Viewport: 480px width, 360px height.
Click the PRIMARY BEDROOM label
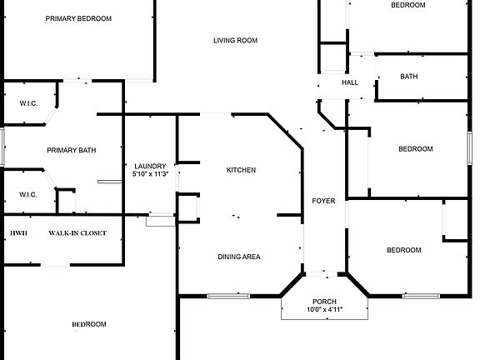point(78,18)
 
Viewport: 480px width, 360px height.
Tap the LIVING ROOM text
point(235,40)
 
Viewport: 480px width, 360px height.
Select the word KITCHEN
point(241,170)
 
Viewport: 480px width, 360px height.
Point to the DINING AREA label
point(239,257)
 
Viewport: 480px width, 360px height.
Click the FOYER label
point(323,201)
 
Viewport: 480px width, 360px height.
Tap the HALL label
point(350,82)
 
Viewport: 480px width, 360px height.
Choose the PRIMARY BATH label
point(72,150)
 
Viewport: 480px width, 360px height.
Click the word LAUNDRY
point(150,166)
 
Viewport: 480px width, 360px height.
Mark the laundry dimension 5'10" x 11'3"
point(150,174)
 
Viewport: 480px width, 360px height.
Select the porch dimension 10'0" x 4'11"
point(324,309)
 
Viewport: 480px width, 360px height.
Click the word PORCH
point(324,302)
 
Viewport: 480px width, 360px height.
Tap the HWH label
point(18,233)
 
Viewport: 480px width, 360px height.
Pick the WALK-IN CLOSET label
point(77,233)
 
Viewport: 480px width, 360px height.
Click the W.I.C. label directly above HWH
point(28,195)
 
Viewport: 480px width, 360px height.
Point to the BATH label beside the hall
point(409,76)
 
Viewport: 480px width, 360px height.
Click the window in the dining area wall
point(228,296)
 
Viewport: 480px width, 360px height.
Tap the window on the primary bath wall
point(2,147)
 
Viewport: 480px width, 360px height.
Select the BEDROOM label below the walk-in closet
point(89,324)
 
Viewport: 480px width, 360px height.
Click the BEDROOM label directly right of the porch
point(404,250)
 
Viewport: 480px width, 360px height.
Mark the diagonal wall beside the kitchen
point(285,132)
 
